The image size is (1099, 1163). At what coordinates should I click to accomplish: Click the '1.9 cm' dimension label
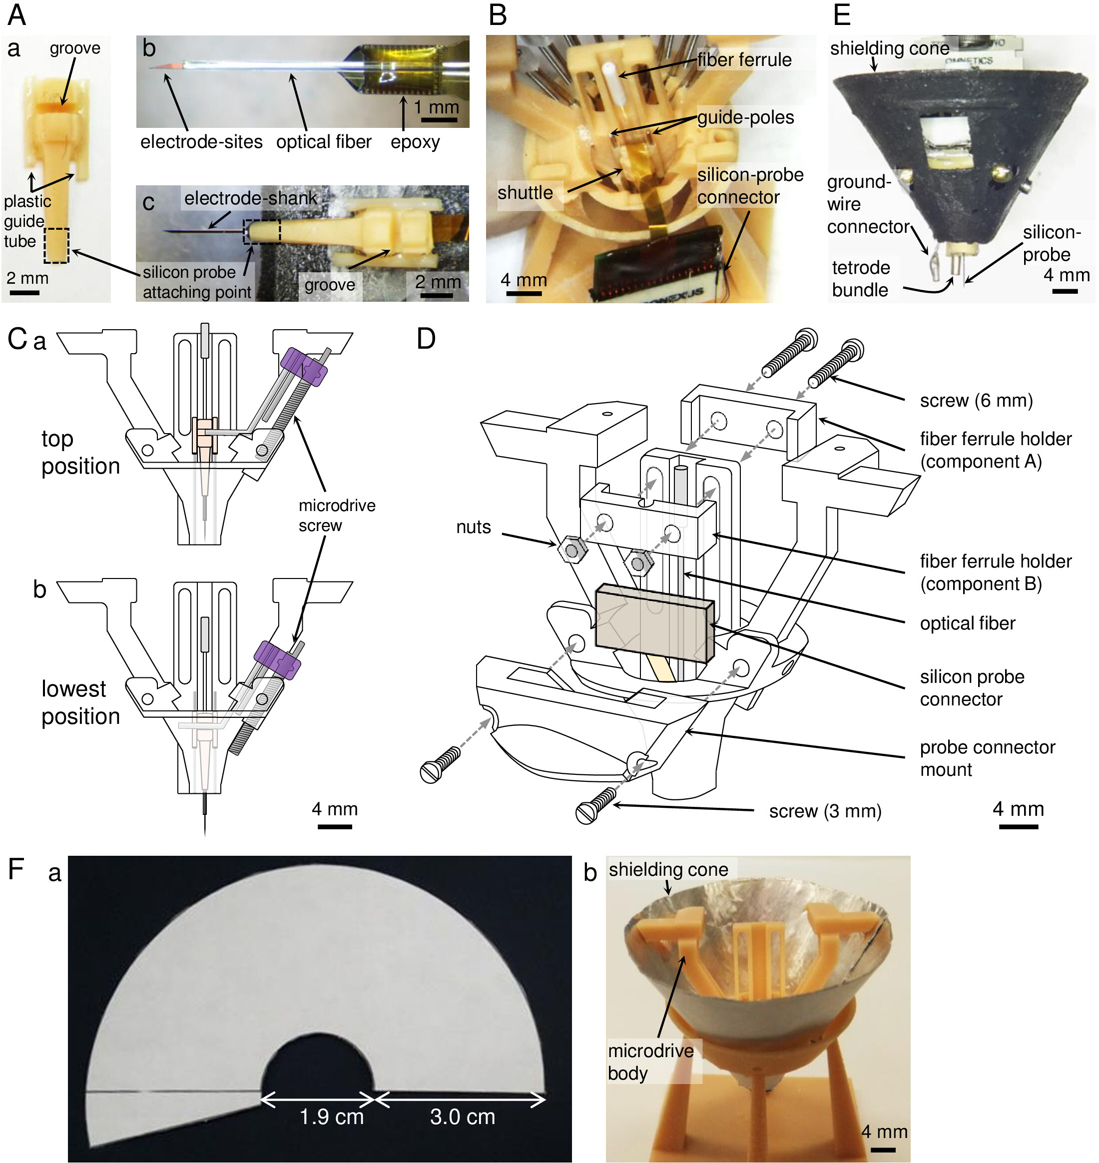pos(332,1117)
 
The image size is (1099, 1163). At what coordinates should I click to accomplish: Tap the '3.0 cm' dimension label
pos(462,1117)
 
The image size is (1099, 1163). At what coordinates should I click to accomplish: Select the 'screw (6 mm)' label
pos(976,401)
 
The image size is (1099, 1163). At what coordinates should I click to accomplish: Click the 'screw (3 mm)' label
pos(825,811)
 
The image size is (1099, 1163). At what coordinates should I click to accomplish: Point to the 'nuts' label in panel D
pos(474,528)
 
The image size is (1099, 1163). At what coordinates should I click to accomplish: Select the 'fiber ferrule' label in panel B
pos(744,60)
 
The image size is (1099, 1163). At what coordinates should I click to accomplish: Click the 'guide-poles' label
pos(745,117)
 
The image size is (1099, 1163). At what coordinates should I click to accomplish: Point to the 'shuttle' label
pos(525,193)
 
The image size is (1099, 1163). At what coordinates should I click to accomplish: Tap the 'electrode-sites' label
pos(201,142)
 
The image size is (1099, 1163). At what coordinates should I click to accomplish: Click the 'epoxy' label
pos(415,142)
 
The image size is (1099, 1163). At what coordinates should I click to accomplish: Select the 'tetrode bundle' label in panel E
pos(860,279)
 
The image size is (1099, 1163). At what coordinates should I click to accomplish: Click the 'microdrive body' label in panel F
pos(650,1062)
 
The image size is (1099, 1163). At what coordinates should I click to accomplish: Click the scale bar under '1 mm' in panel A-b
pos(439,120)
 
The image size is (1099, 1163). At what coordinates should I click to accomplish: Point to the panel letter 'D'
pos(426,339)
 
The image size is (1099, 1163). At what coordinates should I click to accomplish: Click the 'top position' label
pos(80,452)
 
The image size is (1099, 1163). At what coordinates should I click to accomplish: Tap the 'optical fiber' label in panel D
pos(967,623)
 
